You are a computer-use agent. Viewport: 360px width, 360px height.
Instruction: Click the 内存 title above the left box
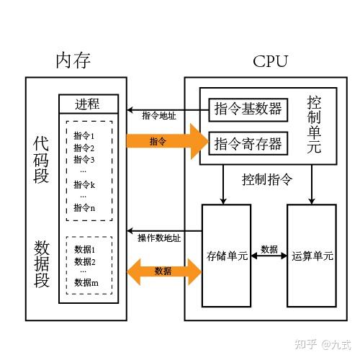click(73, 60)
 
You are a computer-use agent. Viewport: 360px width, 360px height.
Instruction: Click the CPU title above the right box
click(270, 60)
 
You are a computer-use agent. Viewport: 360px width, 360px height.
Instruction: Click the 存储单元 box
click(227, 256)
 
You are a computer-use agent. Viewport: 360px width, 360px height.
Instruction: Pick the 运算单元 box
click(312, 256)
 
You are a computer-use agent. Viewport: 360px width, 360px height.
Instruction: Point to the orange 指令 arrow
click(166, 141)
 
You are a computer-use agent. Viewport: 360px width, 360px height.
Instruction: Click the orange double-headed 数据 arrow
click(163, 271)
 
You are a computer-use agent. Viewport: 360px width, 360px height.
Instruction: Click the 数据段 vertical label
click(41, 264)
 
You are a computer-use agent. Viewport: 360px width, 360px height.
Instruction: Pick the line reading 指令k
click(84, 184)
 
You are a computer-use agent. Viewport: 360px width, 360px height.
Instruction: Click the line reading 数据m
click(86, 283)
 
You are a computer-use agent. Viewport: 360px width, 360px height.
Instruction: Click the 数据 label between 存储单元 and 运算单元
click(269, 248)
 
